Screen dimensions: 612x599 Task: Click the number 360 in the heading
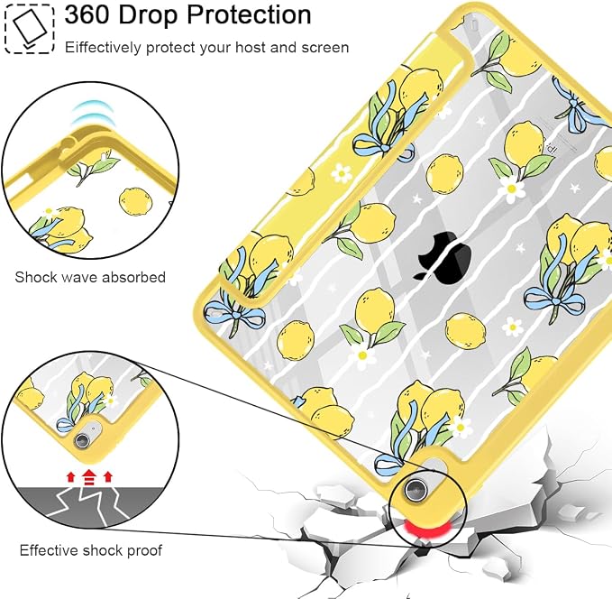[87, 15]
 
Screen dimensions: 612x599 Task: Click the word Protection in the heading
[249, 15]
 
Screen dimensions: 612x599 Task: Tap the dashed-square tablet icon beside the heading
[29, 29]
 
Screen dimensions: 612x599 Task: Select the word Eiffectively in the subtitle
[103, 48]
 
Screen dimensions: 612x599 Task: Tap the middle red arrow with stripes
[89, 477]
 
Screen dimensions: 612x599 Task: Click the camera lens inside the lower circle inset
[82, 440]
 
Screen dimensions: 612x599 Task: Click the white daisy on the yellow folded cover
[342, 173]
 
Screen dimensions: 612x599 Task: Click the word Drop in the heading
[149, 16]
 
